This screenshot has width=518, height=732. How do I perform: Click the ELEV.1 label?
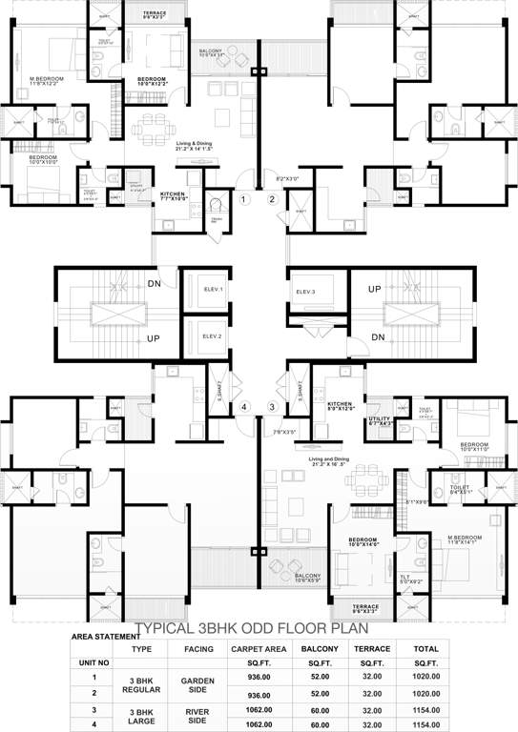coord(212,290)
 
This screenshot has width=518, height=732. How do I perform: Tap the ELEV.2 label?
coord(212,336)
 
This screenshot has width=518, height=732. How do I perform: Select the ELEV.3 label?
coord(305,290)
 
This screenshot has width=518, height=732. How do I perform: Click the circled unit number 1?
coord(244,199)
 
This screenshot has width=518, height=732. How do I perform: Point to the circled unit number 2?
coord(272,199)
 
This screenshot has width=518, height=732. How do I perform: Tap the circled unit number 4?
coord(244,407)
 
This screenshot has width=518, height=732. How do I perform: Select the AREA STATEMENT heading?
coord(104,637)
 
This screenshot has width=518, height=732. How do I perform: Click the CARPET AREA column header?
coord(253,648)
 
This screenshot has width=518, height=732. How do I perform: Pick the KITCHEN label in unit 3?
coord(342,404)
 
